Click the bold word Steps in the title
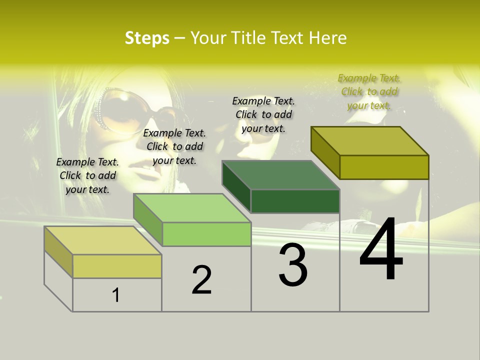click(147, 38)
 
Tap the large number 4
click(381, 250)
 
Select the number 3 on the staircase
click(293, 265)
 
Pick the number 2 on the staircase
click(202, 280)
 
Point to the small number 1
click(116, 295)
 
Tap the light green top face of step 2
click(192, 208)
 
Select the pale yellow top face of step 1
click(102, 240)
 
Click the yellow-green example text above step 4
click(369, 91)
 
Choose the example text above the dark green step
click(263, 114)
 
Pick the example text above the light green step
click(174, 146)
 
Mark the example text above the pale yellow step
click(87, 175)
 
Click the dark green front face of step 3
click(295, 201)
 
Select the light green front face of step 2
click(206, 234)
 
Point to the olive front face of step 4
click(384, 167)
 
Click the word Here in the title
click(327, 38)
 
